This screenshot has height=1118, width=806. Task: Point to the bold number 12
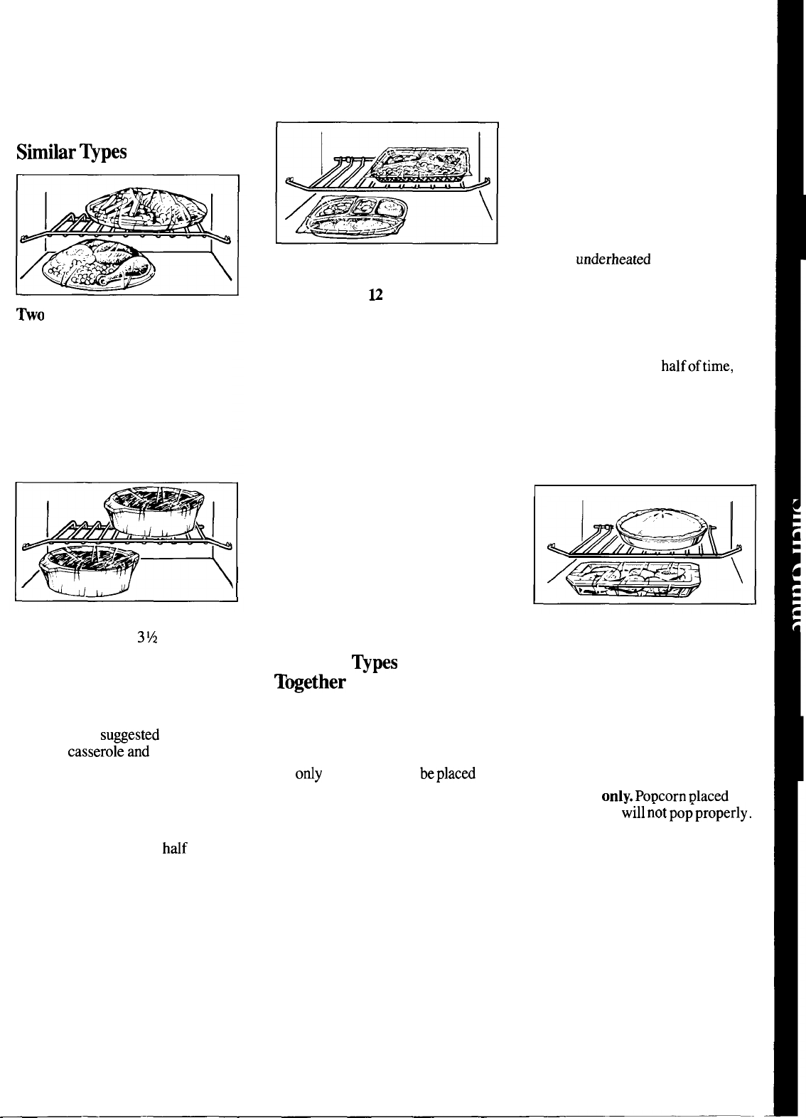[x=375, y=295]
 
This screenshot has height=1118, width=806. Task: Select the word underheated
[x=613, y=260]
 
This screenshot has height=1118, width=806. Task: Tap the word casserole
[x=92, y=752]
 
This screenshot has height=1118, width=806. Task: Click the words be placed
[x=447, y=774]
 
